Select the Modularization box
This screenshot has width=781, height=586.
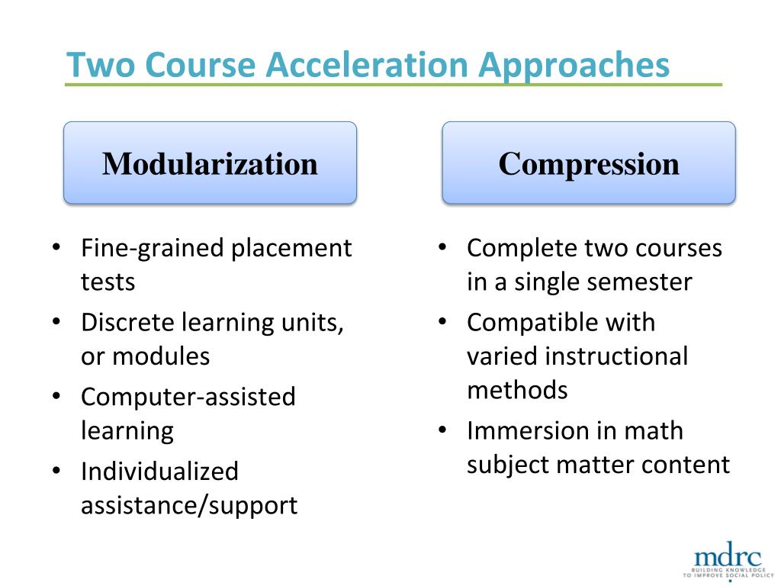[x=210, y=163]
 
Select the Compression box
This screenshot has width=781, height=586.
[x=589, y=163]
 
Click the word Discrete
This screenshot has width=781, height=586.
[x=127, y=322]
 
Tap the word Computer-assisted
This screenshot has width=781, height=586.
[x=188, y=397]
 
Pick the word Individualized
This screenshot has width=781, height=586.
[x=159, y=471]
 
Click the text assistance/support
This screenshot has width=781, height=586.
[x=189, y=504]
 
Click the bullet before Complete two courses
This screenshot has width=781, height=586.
[x=443, y=248]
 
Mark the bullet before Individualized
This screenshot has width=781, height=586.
[x=57, y=471]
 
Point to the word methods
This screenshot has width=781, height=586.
[x=517, y=389]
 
